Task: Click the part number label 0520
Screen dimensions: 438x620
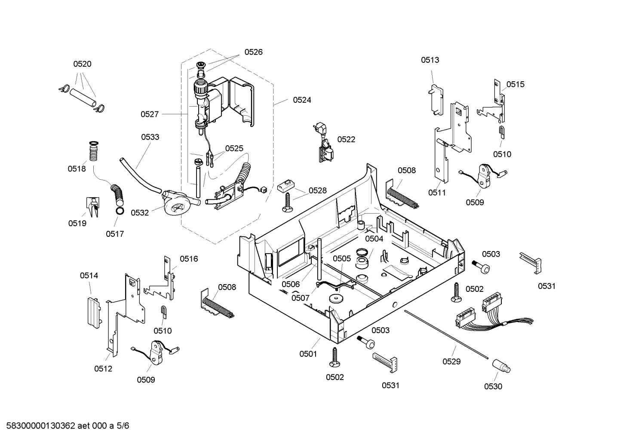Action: click(82, 64)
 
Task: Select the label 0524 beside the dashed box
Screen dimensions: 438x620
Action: click(302, 100)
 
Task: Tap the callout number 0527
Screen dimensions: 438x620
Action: click(150, 114)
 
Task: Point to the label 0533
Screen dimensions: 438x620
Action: click(150, 137)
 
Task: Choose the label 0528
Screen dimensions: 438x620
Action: click(317, 190)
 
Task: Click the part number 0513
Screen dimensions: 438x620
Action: click(430, 60)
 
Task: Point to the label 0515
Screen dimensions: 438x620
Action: click(515, 84)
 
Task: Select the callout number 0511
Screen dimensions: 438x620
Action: click(437, 193)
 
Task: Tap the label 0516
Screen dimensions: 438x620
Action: click(189, 259)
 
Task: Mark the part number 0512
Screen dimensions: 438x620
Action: click(103, 368)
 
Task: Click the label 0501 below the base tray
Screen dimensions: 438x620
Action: click(308, 354)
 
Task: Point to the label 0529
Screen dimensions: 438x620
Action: click(451, 361)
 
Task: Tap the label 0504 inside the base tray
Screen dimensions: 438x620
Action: click(374, 239)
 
